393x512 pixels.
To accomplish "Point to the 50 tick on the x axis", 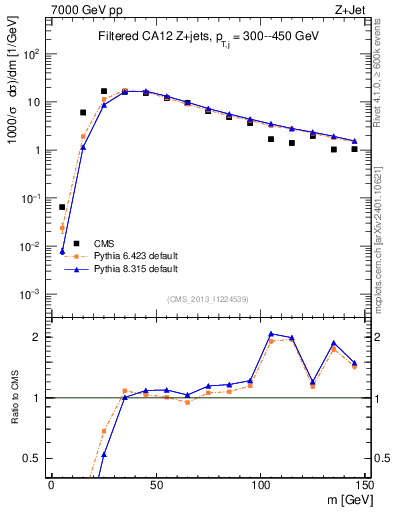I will pyautogui.click(x=155, y=484).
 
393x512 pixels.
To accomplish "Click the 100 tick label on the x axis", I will pyautogui.click(x=260, y=484).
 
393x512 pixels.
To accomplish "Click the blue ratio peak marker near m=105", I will pyautogui.click(x=271, y=333).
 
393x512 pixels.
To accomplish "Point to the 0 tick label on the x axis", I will pyautogui.click(x=51, y=484).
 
